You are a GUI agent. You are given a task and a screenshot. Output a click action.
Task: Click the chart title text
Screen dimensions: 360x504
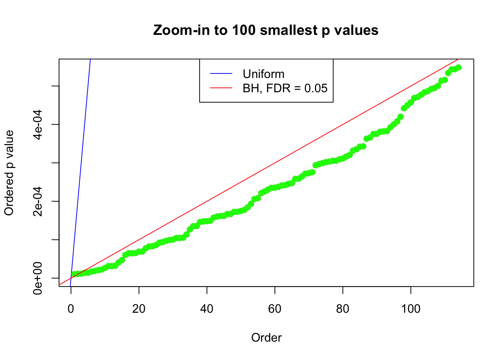(265, 30)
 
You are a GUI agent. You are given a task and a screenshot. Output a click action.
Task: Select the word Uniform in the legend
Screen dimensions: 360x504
(263, 74)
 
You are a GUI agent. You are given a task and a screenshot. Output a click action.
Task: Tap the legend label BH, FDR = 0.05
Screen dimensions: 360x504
(285, 88)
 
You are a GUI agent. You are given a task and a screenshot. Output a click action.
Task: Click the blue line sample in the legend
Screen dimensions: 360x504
(221, 74)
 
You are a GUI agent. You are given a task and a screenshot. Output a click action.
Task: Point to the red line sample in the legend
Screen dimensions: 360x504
(221, 88)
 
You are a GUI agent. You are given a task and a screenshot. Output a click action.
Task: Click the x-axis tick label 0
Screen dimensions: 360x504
(71, 309)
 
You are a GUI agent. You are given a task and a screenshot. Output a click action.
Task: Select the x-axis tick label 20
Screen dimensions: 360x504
(139, 309)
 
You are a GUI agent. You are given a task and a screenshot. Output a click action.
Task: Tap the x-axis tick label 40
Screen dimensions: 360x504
(207, 309)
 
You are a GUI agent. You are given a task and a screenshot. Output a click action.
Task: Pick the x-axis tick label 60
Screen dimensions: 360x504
(275, 309)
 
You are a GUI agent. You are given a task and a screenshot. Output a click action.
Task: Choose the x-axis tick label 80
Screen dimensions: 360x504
(343, 309)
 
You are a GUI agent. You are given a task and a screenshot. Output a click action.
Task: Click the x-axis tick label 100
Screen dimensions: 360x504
(411, 309)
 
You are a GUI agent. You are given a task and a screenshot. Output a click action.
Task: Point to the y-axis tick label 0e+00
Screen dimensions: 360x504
(37, 278)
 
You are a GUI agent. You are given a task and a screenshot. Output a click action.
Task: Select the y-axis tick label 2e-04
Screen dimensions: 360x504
(37, 201)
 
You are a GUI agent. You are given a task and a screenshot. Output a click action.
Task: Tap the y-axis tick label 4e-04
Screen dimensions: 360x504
(37, 124)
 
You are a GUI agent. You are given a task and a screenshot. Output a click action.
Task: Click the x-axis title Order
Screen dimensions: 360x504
(266, 338)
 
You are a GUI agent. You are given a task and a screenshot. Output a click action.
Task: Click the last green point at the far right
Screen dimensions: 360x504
(458, 67)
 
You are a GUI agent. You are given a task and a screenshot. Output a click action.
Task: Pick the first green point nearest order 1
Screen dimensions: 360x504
(74, 274)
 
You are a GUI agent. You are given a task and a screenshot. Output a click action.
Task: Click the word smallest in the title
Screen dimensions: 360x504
(288, 30)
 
